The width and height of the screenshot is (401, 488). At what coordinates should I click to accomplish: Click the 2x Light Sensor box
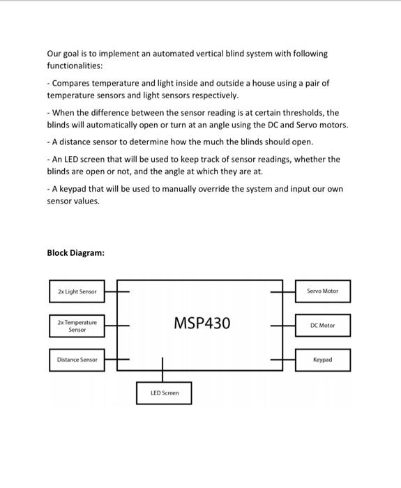77,291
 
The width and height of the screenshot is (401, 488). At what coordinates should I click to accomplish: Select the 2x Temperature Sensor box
77,326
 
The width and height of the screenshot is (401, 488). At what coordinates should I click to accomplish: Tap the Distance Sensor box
77,360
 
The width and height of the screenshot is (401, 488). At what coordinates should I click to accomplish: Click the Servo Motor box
322,291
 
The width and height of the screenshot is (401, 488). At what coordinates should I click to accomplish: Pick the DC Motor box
322,325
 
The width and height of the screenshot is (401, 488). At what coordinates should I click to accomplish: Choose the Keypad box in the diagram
322,360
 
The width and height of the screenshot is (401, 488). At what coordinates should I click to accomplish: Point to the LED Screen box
164,393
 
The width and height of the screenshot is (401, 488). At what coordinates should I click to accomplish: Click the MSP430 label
202,323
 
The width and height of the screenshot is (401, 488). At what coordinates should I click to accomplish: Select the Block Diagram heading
75,252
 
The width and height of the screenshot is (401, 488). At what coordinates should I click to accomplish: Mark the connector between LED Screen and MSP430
163,370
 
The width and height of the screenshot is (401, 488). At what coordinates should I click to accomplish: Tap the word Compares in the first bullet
72,83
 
